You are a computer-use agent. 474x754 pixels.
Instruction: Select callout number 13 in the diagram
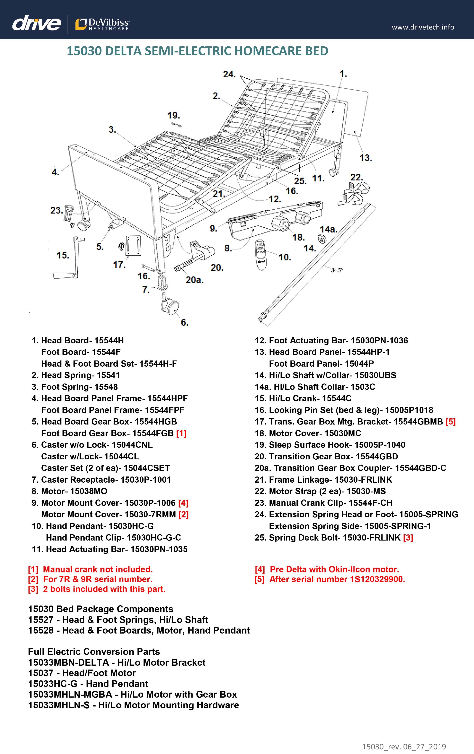[365, 158]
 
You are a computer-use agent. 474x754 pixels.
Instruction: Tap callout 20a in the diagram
[194, 280]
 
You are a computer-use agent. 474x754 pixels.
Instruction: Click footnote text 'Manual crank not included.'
[98, 569]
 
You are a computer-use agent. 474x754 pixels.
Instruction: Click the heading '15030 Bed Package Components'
[100, 609]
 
